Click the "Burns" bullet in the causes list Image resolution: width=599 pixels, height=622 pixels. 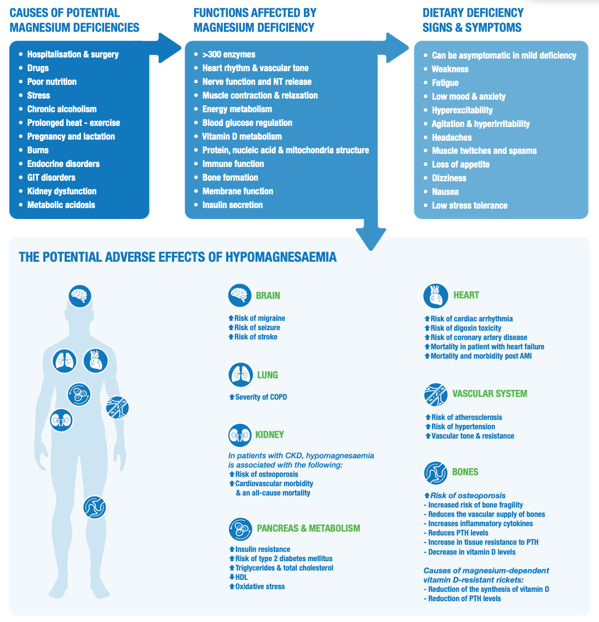coord(38,150)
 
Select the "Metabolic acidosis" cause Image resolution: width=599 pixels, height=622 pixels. coord(61,205)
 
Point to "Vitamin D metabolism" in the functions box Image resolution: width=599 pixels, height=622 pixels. coord(241,136)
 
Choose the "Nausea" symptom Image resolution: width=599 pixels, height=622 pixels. coord(445,192)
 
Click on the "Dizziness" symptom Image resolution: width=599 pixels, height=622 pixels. coord(449,178)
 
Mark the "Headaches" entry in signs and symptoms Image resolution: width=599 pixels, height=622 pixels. coord(452,137)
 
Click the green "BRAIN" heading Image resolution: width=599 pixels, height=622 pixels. coord(268,296)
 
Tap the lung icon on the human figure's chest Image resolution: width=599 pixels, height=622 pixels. coord(65,361)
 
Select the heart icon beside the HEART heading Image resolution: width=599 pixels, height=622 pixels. coord(436,296)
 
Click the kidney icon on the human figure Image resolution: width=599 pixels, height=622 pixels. coord(61,420)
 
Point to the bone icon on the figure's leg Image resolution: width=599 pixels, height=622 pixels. coord(95,507)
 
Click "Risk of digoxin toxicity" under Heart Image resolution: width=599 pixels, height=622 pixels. coord(465,328)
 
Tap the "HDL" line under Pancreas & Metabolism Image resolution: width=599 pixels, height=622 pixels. coord(241,577)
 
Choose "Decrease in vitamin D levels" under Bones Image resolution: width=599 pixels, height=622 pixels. coord(471,552)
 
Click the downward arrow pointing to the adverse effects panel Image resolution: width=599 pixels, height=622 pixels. coord(371,233)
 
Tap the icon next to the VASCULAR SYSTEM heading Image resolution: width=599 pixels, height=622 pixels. coord(436,395)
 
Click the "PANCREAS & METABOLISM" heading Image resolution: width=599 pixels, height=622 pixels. coord(308,528)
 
